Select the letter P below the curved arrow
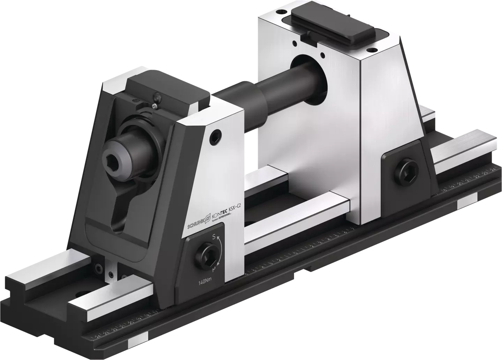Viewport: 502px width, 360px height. point(214,269)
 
